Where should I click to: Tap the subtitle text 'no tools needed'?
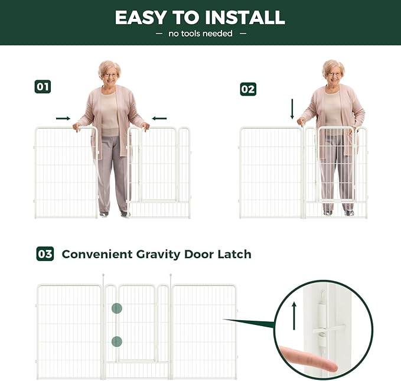[200, 34]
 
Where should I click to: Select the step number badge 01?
[43, 87]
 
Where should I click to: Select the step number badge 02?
[248, 89]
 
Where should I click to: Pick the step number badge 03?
[45, 254]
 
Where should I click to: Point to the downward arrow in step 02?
[292, 109]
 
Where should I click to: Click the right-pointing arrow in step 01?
[63, 118]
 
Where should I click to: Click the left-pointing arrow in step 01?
[159, 118]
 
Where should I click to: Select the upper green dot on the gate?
[117, 308]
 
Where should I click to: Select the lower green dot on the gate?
[117, 341]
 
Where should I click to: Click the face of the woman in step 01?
[110, 75]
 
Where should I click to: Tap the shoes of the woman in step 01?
[114, 214]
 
